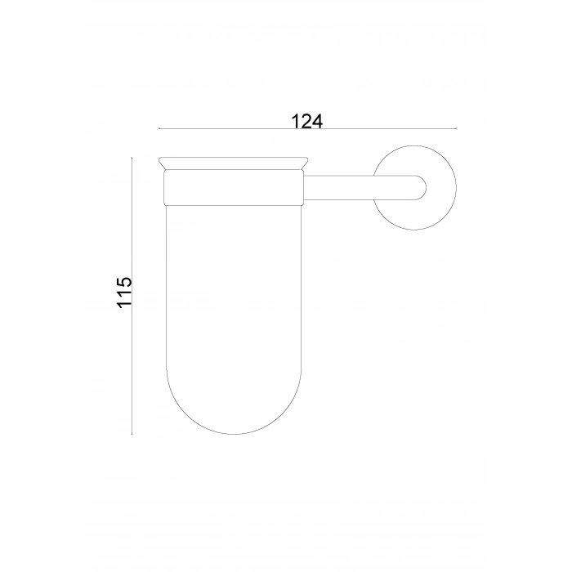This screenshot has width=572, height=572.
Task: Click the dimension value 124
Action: [307, 121]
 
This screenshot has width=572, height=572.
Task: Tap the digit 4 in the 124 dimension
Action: [318, 121]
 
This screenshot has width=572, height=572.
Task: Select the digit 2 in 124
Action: [307, 121]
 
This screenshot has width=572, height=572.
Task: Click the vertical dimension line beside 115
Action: [132, 368]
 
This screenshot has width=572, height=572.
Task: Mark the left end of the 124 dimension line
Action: [159, 129]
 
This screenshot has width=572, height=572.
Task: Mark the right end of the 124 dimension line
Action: [454, 129]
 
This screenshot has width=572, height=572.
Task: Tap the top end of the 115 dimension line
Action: [132, 157]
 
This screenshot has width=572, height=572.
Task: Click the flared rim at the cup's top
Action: [233, 162]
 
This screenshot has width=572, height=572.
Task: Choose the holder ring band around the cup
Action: [233, 186]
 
